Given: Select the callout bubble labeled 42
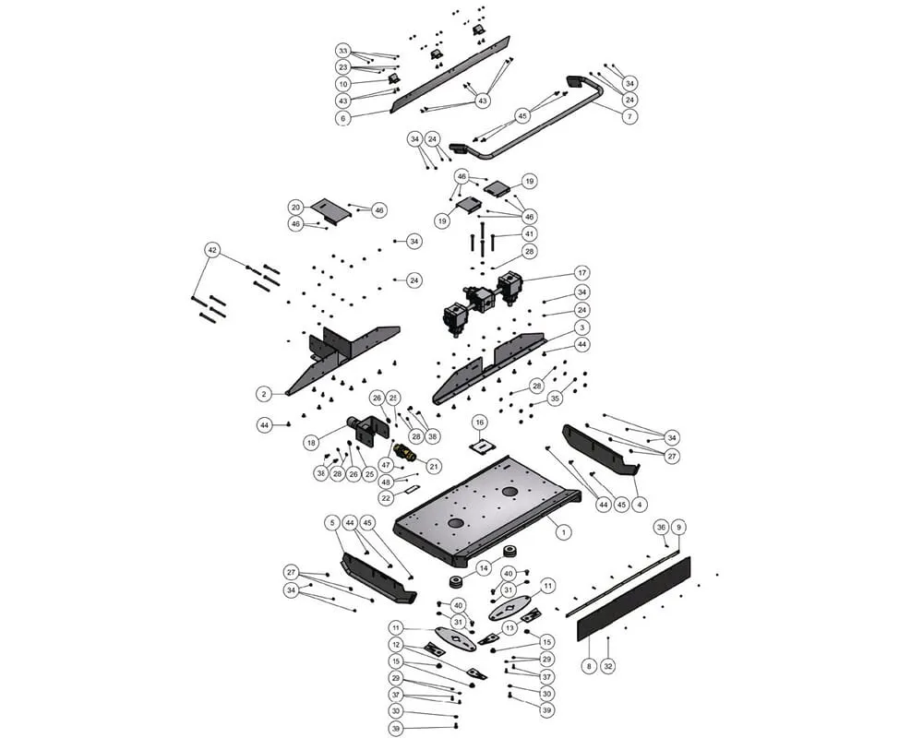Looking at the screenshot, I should pos(212,250).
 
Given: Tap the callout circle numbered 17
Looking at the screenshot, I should pos(582,273).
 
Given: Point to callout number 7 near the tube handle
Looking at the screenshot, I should pos(629,116).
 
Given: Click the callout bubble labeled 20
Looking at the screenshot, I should pos(295,207).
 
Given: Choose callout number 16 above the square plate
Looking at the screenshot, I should pos(479,422).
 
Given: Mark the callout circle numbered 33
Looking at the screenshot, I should pos(343,51).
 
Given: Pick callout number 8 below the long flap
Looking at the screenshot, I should pos(588,665).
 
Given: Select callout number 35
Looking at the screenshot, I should pos(554,399).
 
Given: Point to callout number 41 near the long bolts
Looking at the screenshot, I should pos(529,234).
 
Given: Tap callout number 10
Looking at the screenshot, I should pos(343,84).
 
